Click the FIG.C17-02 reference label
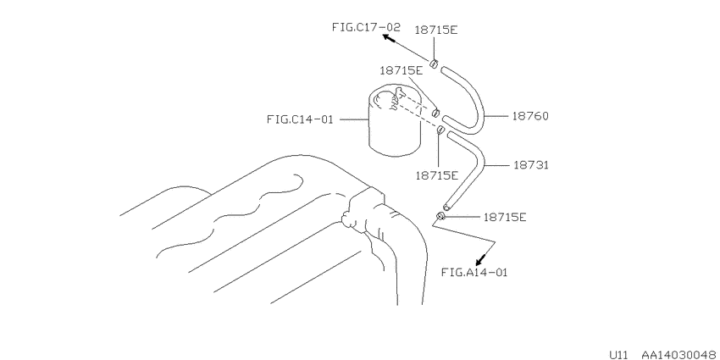[x=366, y=27]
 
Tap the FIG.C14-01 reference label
[x=299, y=119]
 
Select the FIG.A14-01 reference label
[x=474, y=272]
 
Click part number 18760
[x=530, y=116]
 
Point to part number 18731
[x=531, y=165]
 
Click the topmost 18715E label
[x=436, y=30]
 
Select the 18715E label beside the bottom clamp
[x=505, y=217]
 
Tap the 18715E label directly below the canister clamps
[x=437, y=175]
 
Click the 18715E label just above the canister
[x=401, y=70]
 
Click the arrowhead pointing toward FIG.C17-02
[x=389, y=39]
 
